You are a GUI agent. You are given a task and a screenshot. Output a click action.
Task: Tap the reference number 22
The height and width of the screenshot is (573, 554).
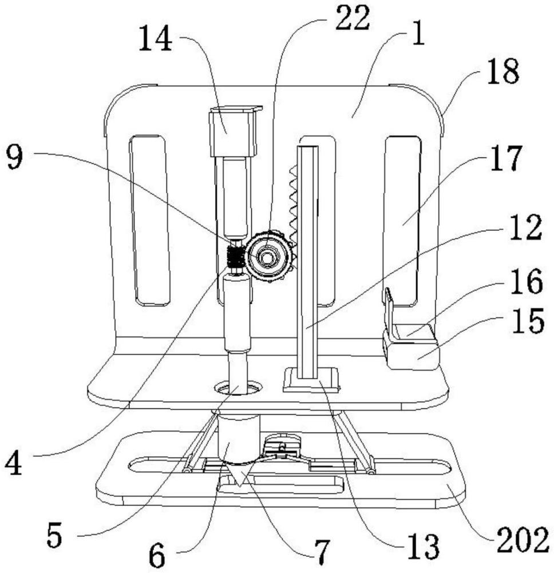coord(353,18)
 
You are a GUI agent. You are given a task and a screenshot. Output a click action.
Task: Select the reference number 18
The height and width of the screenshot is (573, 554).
coord(503,72)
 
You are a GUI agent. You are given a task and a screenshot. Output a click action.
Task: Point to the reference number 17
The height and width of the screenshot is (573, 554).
coord(506,159)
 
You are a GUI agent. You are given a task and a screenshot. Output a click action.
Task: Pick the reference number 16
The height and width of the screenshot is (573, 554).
coord(526,281)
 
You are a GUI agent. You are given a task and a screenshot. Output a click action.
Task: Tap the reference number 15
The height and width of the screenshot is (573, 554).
coord(528,320)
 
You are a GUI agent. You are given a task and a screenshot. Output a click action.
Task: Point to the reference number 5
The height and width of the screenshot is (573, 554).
coord(54,535)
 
